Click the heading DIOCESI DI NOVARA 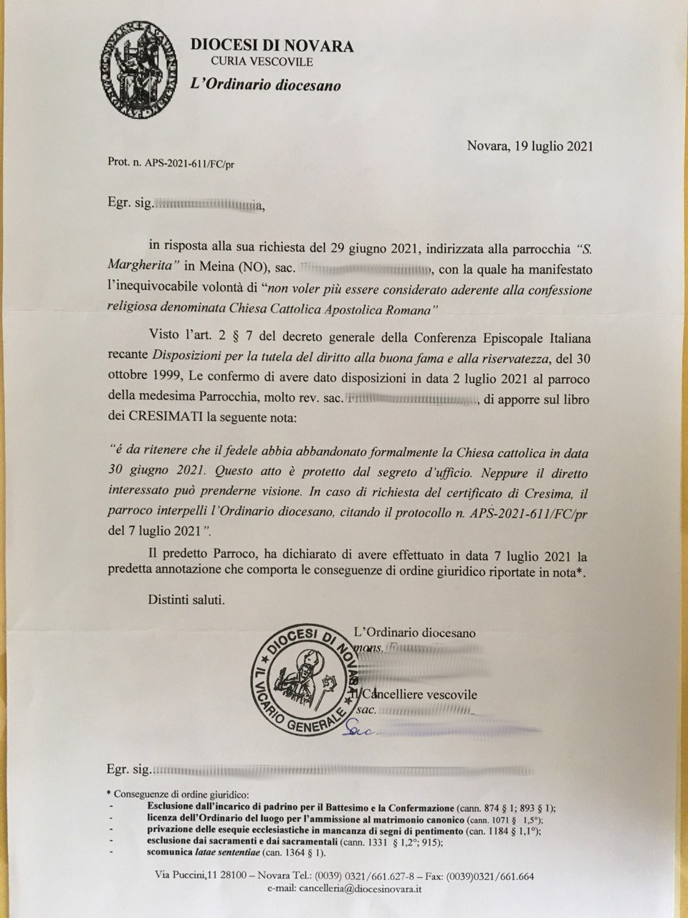272,46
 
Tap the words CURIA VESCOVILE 262,62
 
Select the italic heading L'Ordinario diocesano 265,85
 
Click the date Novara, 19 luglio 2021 530,146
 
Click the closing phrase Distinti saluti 186,600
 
